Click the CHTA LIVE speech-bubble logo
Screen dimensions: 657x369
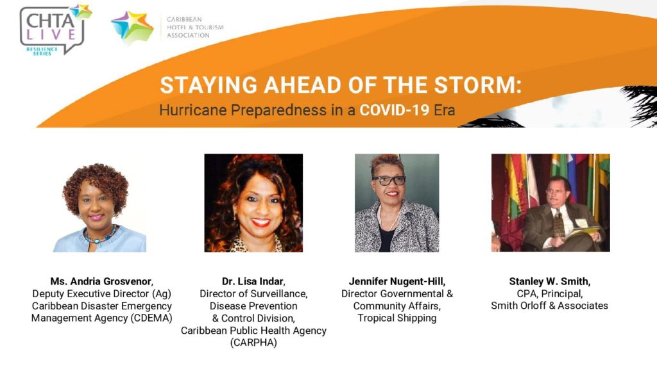point(55,29)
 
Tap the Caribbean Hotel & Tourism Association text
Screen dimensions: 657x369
point(195,27)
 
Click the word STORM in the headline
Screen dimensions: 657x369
point(478,85)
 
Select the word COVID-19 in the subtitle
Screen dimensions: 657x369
point(395,110)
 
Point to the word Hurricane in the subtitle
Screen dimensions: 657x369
point(193,110)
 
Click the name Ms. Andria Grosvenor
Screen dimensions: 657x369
point(101,281)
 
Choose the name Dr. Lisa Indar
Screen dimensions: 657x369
point(253,281)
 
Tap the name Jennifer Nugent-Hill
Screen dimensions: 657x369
point(397,281)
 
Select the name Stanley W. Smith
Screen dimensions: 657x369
point(549,281)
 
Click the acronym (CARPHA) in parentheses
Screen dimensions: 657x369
point(253,343)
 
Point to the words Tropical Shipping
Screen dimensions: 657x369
point(397,318)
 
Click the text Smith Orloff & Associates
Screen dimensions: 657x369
point(549,306)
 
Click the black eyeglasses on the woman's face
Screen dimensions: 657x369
point(389,181)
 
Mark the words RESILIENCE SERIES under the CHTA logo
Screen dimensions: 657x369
point(42,51)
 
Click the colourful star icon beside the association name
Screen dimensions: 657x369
point(132,27)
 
